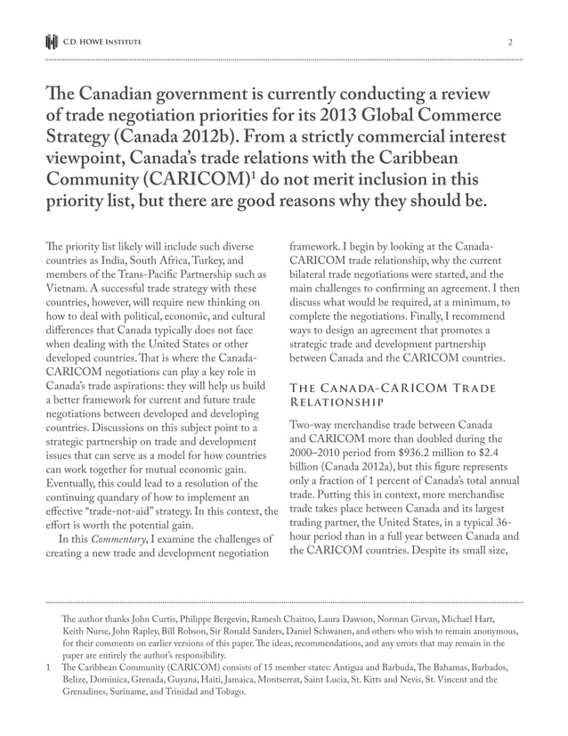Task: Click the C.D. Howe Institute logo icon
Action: (x=52, y=42)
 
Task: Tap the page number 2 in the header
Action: (x=510, y=42)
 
